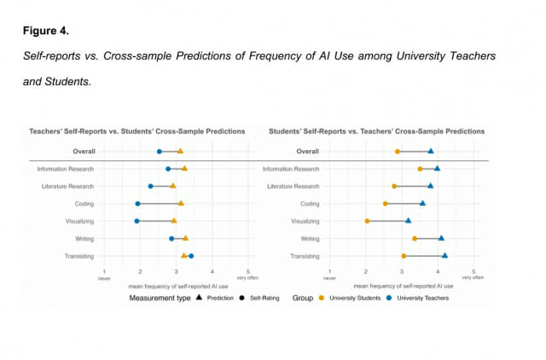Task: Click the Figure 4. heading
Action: (x=46, y=32)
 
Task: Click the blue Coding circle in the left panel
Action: (x=137, y=204)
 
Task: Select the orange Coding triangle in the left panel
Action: (x=181, y=203)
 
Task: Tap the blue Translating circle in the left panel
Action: (x=191, y=256)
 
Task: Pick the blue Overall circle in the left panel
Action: (x=160, y=152)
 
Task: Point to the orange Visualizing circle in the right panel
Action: (x=367, y=221)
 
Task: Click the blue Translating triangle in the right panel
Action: (x=444, y=255)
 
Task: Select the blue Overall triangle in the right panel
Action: (x=431, y=151)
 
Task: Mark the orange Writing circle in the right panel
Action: (x=415, y=239)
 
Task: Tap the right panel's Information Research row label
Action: (x=291, y=169)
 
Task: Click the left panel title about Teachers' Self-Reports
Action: (x=137, y=131)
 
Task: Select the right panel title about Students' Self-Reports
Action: (x=375, y=131)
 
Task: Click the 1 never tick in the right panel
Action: (x=330, y=272)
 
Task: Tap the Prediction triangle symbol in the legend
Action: (x=199, y=298)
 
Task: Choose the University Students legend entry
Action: (x=351, y=298)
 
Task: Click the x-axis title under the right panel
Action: (x=400, y=286)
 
